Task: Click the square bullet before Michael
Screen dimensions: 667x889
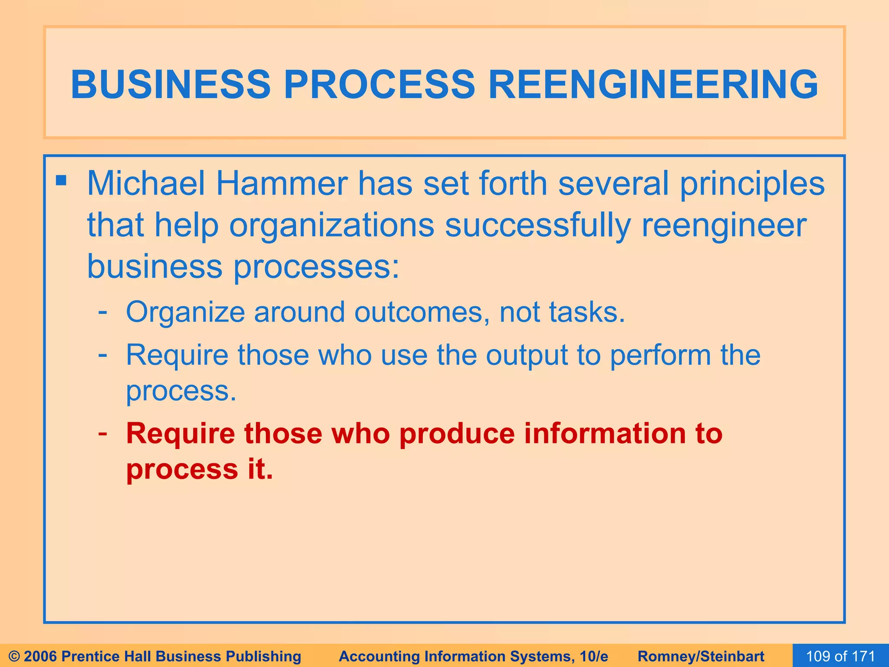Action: [61, 180]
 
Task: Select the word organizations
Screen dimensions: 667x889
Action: [332, 226]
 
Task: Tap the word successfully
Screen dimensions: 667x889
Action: [537, 226]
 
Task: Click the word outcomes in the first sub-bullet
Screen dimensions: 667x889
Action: [418, 312]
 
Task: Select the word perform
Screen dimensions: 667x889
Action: [660, 356]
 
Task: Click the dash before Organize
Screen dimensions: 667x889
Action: [103, 311]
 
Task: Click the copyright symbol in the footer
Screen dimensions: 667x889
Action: [14, 656]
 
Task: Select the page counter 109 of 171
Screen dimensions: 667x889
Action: [840, 656]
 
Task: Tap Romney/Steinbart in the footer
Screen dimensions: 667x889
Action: [701, 656]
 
